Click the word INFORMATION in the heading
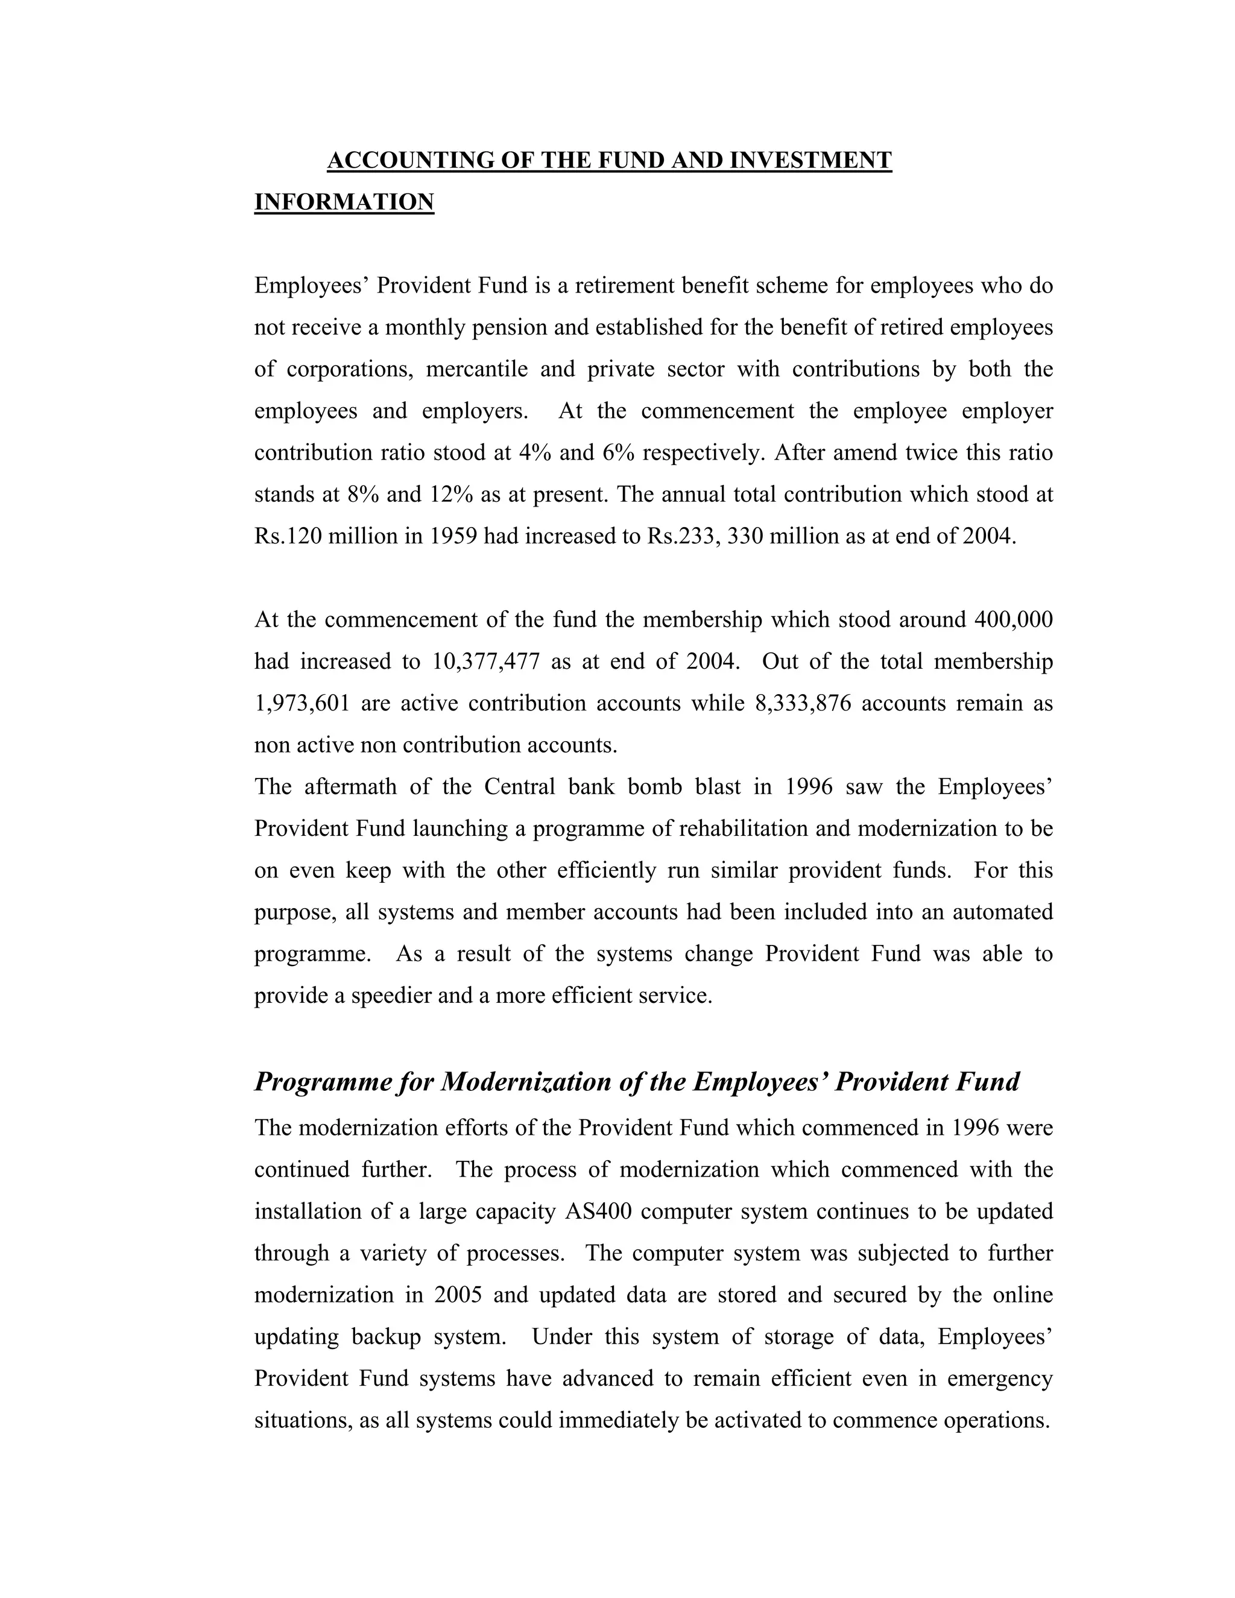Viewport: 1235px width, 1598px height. (344, 202)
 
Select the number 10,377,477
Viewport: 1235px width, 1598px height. (486, 662)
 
